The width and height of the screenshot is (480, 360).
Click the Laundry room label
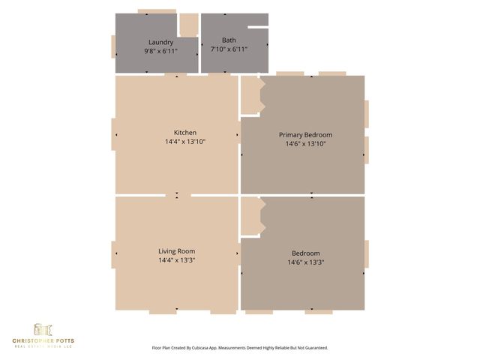pyautogui.click(x=161, y=42)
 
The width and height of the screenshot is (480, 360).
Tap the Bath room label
pyautogui.click(x=229, y=40)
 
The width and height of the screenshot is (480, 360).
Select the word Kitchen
pyautogui.click(x=185, y=133)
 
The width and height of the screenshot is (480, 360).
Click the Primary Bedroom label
pyautogui.click(x=305, y=135)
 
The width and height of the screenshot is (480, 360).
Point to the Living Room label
pyautogui.click(x=177, y=251)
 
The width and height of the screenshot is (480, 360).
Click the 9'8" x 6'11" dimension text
pyautogui.click(x=161, y=51)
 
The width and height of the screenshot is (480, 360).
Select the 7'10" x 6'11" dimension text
pyautogui.click(x=229, y=49)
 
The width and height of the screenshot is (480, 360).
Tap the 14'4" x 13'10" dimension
pyautogui.click(x=185, y=142)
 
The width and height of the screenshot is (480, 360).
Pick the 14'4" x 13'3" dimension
pyautogui.click(x=177, y=260)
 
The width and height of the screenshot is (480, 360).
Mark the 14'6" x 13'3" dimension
pyautogui.click(x=305, y=262)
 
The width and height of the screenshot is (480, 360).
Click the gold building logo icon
pyautogui.click(x=43, y=329)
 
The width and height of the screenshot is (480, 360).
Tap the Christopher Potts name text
pyautogui.click(x=43, y=341)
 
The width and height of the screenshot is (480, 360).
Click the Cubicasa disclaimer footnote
pyautogui.click(x=240, y=348)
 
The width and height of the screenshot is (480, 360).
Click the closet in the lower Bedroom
pyautogui.click(x=250, y=216)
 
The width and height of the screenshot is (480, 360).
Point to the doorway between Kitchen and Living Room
pyautogui.click(x=178, y=195)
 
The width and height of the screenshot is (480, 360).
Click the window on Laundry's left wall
pyautogui.click(x=113, y=46)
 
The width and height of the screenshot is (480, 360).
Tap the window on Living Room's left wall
pyautogui.click(x=113, y=254)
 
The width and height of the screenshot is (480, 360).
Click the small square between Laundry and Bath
pyautogui.click(x=188, y=23)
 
